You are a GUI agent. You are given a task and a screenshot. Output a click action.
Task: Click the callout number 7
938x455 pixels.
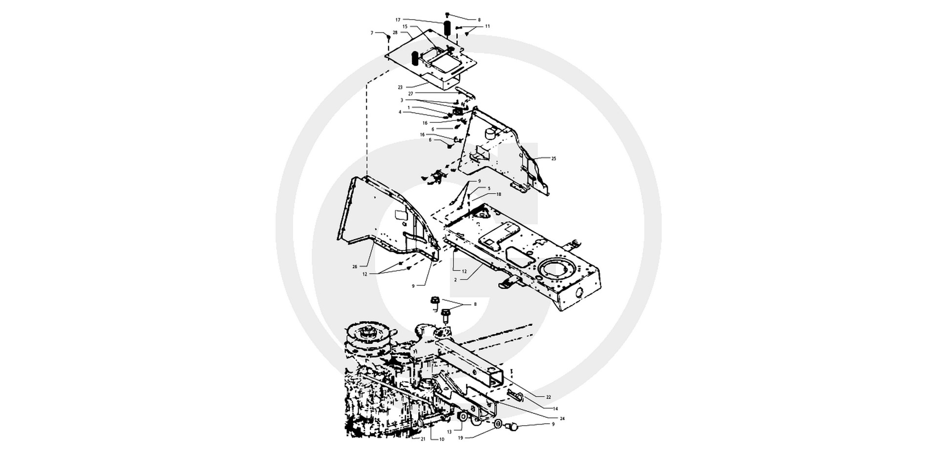(x=372, y=33)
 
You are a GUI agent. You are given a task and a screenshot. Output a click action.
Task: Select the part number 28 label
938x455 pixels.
(x=395, y=32)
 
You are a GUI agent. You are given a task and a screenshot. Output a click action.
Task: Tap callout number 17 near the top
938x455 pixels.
(x=398, y=20)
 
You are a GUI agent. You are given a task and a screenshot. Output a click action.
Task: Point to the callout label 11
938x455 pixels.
(x=487, y=26)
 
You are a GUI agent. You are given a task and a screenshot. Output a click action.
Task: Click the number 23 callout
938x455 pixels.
(x=400, y=87)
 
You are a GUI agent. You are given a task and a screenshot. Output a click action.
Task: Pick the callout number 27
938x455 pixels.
(x=411, y=92)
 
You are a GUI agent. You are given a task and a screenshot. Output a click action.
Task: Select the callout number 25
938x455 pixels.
(x=554, y=159)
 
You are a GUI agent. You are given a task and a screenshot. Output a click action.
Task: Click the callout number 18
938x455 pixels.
(x=499, y=194)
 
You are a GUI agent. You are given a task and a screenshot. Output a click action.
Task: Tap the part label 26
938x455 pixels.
(x=355, y=266)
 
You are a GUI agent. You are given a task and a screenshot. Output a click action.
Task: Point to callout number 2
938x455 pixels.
(x=455, y=280)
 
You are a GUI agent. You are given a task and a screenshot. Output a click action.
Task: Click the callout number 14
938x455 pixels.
(x=555, y=408)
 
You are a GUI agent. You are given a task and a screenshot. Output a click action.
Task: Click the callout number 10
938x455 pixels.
(x=442, y=439)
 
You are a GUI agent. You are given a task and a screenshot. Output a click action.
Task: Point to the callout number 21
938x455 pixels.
(x=423, y=439)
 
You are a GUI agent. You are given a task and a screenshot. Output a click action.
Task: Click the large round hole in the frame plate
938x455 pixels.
(x=555, y=271)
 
